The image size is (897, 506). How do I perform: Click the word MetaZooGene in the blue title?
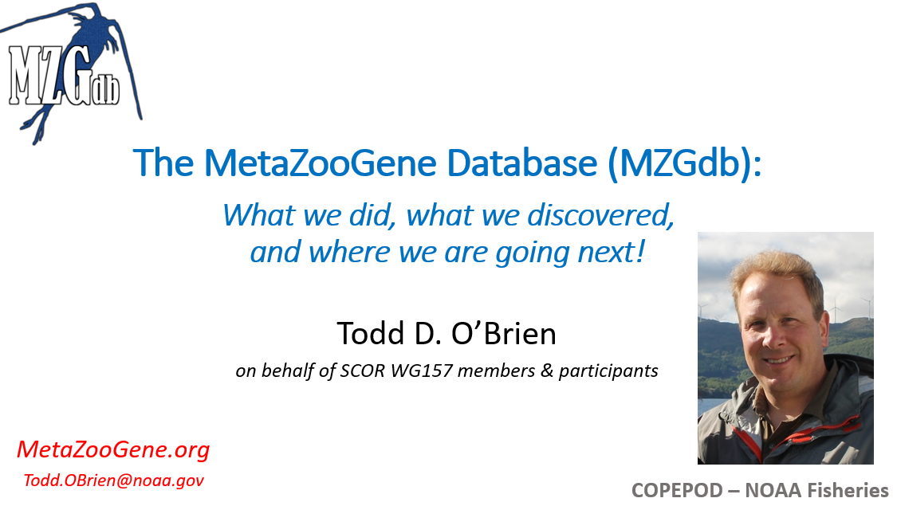[321, 163]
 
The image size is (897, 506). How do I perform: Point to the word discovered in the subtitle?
[600, 216]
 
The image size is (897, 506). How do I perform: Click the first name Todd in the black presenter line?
[370, 333]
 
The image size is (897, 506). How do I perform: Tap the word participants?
[608, 371]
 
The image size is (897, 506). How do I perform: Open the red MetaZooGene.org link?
[113, 449]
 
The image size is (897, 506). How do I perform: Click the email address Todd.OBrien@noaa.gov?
[113, 481]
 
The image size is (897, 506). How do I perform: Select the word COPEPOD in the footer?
[677, 491]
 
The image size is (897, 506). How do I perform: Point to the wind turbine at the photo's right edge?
[867, 308]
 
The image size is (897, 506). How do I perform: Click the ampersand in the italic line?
[547, 371]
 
